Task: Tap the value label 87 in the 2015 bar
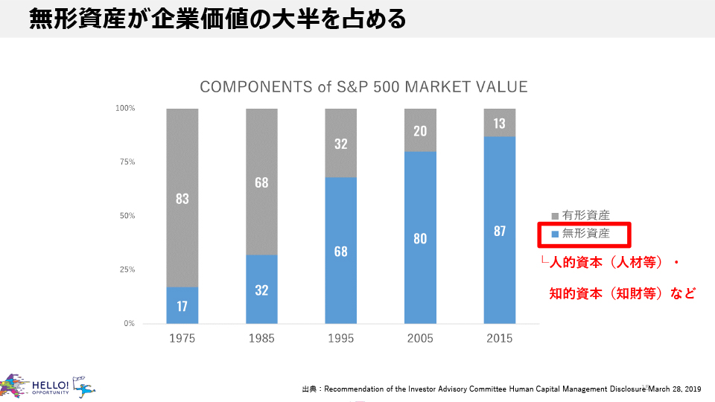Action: [x=499, y=231]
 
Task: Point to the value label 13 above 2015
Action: [x=499, y=124]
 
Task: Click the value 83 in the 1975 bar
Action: [x=182, y=199]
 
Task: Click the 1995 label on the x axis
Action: [x=340, y=338]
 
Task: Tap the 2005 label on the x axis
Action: [x=420, y=338]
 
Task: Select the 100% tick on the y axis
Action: [x=124, y=109]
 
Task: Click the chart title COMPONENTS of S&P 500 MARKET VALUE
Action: [x=363, y=87]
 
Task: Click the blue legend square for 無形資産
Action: [x=555, y=234]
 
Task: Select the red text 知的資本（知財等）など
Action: [x=622, y=293]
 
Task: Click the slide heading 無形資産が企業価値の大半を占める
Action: [x=217, y=19]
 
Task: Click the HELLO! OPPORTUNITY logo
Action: [x=45, y=386]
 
